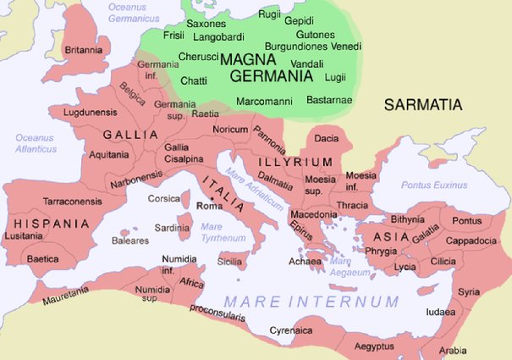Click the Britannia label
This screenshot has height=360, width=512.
pos(84,50)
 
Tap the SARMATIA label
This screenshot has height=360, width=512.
pos(423,105)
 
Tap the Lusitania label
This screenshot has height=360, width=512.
pos(28,236)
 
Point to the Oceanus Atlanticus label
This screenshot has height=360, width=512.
pos(34,143)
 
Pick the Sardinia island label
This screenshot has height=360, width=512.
pos(172,228)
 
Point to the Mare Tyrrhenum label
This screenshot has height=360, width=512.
pos(216,232)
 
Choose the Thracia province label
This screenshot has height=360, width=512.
pos(352,205)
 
